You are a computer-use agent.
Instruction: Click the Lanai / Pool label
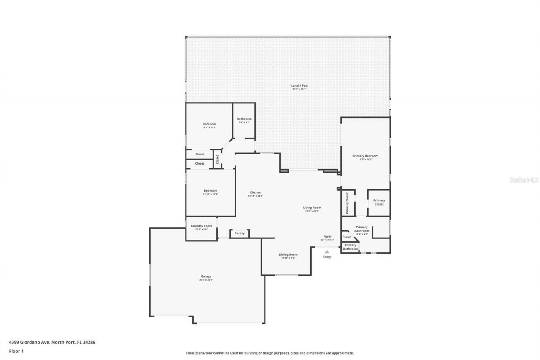[300, 86]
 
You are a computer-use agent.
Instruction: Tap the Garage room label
[206, 276]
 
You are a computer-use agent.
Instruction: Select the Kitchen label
[255, 192]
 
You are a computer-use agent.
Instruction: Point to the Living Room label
[312, 208]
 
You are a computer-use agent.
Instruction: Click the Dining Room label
[288, 254]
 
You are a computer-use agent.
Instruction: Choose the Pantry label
[240, 233]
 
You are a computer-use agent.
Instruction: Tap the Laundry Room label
[201, 226]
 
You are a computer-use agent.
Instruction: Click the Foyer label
[327, 236]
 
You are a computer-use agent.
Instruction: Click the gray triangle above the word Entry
[327, 252]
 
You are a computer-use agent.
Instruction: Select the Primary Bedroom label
[365, 156]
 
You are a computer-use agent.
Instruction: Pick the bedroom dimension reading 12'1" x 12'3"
[209, 128]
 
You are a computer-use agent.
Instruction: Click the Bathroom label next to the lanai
[244, 119]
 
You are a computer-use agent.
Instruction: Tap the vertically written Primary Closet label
[347, 203]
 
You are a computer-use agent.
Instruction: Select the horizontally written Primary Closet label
[379, 202]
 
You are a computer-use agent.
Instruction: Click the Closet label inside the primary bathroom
[347, 237]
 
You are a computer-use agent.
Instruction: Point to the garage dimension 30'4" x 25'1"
[206, 280]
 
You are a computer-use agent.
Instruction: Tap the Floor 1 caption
[16, 351]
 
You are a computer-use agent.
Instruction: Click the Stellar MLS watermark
[524, 180]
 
